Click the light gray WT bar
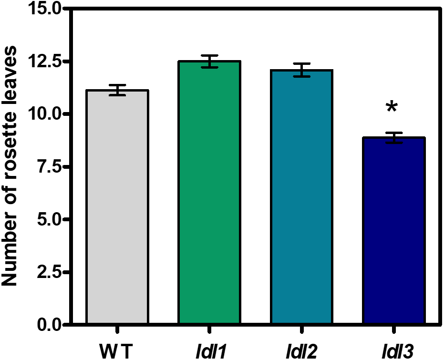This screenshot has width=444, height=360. tap(117, 207)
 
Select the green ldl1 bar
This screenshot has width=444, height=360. tap(209, 193)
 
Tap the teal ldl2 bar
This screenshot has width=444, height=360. tap(301, 197)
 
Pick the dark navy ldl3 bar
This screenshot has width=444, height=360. tap(393, 231)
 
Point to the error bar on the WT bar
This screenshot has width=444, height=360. tap(117, 90)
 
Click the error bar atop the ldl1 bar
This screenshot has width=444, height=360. tap(209, 62)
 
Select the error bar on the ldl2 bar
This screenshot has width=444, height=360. tap(301, 70)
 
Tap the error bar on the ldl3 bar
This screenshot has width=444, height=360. tap(393, 138)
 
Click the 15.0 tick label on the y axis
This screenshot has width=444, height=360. tap(44, 9)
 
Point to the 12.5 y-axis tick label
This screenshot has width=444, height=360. tap(44, 62)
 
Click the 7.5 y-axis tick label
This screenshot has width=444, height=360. tap(49, 167)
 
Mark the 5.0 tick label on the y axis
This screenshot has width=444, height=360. tap(49, 220)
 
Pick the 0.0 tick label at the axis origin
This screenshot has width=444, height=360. tap(49, 325)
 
